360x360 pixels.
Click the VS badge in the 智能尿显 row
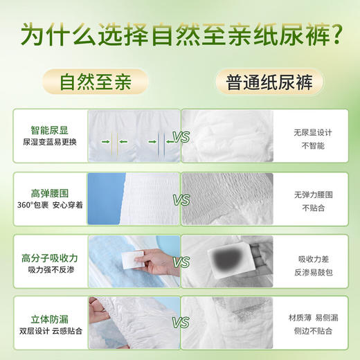pos(181,138)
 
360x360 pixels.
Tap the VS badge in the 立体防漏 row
pos(181,323)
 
